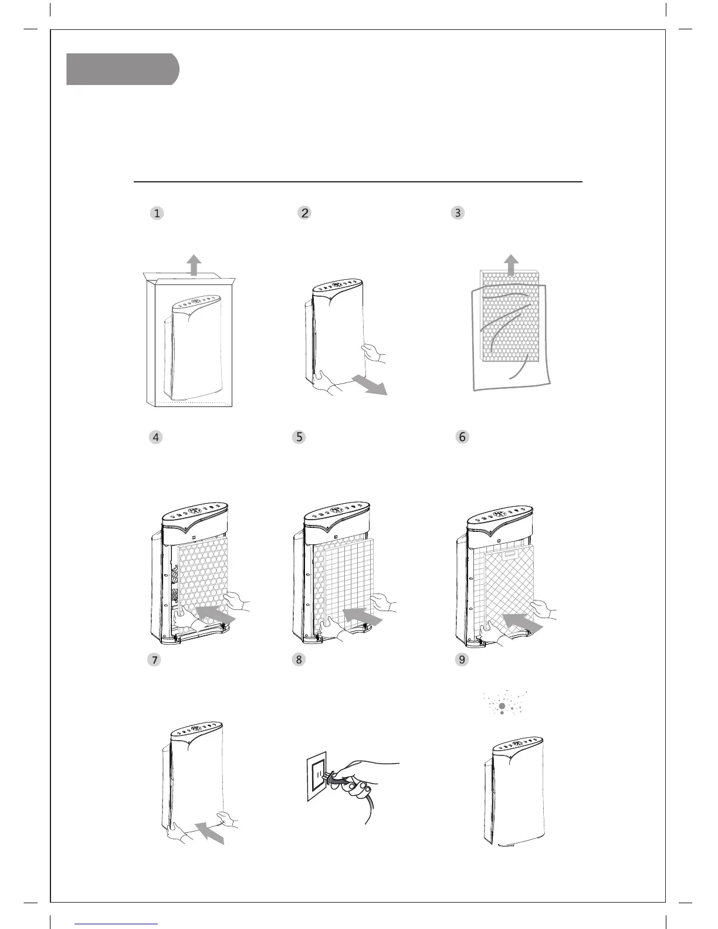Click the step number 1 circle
click(x=157, y=213)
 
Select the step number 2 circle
click(x=304, y=213)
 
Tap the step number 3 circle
click(x=458, y=213)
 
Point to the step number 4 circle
click(x=155, y=437)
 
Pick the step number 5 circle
click(x=299, y=437)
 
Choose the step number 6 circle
click(x=463, y=437)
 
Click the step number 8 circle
click(x=299, y=660)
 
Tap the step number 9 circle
click(x=463, y=660)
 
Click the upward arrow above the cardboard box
click(x=194, y=265)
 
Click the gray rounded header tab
click(x=122, y=69)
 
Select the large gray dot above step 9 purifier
click(x=502, y=707)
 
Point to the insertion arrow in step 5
click(x=362, y=616)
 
